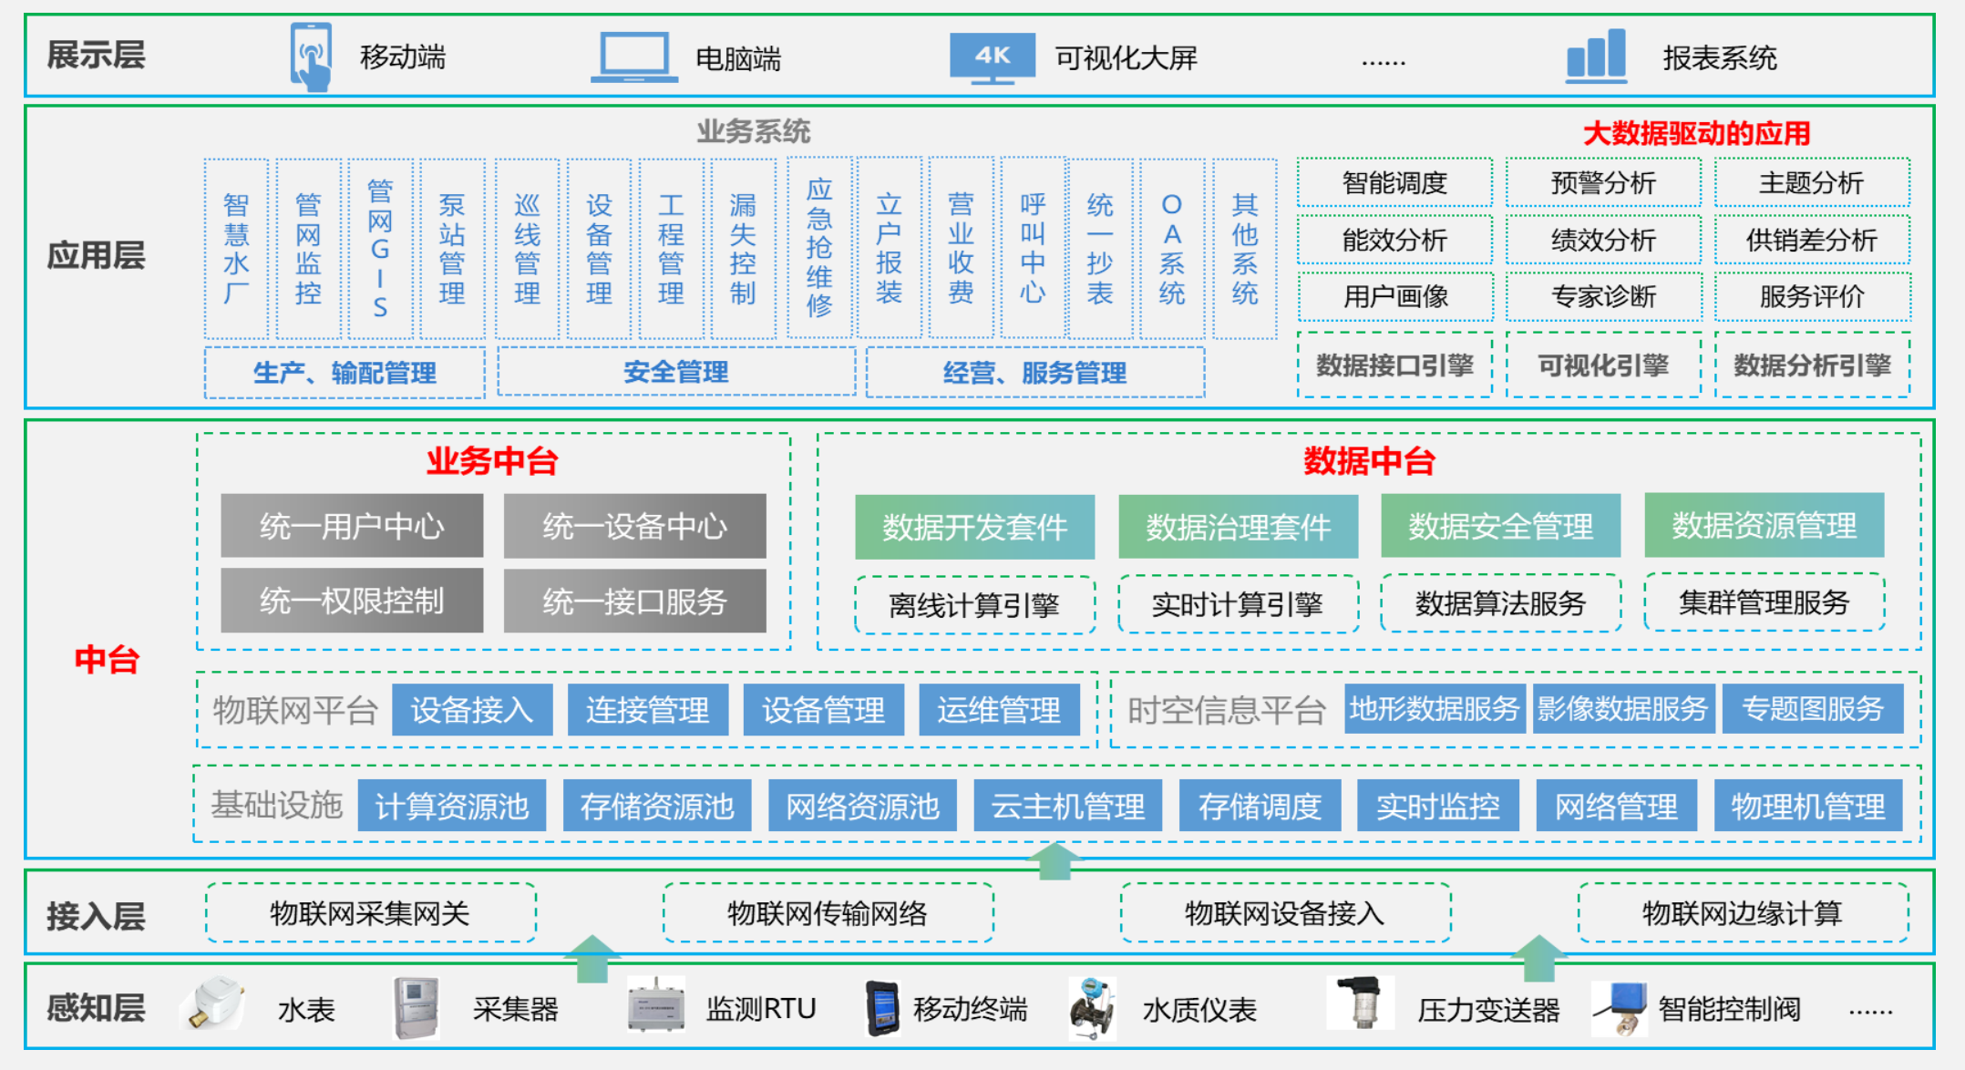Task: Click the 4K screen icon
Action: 993,57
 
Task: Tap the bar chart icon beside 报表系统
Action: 1596,56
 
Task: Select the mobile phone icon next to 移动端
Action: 311,57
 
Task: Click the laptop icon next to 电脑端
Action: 634,57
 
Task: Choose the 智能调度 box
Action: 1394,182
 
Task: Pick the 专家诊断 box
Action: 1603,296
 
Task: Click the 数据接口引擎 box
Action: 1394,365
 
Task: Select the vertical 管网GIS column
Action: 380,249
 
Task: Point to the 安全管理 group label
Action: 676,372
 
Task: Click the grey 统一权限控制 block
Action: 352,601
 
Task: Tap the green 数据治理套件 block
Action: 1238,527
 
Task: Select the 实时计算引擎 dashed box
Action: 1238,604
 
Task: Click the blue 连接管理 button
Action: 647,709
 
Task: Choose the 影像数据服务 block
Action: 1622,708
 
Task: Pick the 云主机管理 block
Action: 1067,806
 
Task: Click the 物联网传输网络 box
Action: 828,912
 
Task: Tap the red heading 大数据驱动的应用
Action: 1696,134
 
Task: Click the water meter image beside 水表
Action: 213,1004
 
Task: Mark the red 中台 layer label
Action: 107,659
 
